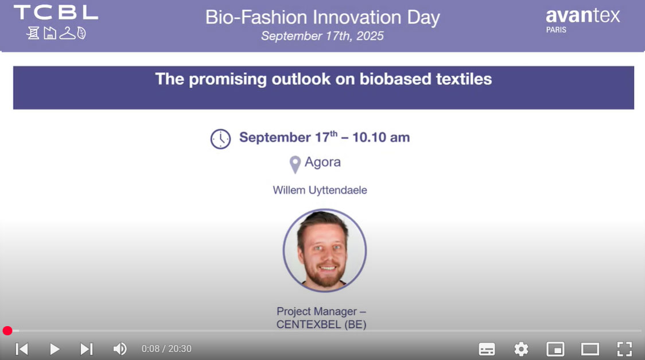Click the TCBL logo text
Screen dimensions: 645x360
point(56,12)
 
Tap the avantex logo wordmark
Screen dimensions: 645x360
point(582,16)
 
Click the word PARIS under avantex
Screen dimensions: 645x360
point(556,30)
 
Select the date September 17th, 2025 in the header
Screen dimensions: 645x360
point(322,36)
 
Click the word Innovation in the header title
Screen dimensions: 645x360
point(356,17)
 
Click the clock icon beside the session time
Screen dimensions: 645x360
point(220,138)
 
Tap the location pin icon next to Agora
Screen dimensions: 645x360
point(295,165)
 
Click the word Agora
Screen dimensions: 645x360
point(322,162)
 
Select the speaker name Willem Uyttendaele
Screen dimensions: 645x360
point(320,190)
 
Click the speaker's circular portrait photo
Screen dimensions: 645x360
point(325,250)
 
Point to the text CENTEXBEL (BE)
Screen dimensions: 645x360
point(321,324)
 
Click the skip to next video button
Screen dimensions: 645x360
point(87,349)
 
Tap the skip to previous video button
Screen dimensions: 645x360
point(22,349)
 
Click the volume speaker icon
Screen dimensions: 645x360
point(120,349)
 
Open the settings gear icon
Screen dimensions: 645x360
point(521,349)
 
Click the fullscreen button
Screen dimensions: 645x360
point(624,349)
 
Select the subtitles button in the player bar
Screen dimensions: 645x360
point(487,349)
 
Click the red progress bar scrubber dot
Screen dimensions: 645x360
point(7,331)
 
